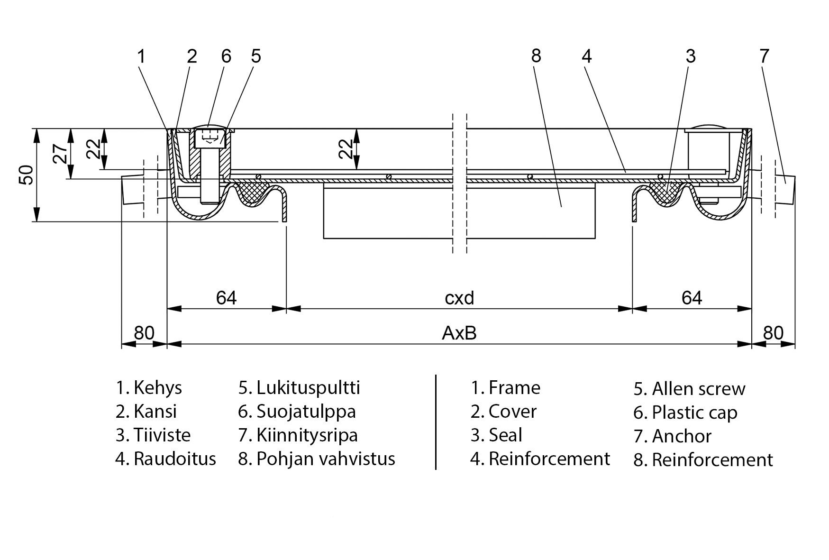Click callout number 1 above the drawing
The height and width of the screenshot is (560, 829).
coord(141,56)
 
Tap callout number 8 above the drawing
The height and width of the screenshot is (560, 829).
coord(536,56)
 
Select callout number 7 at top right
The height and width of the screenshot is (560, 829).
coord(764,56)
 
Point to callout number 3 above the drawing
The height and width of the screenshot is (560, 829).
coord(691,56)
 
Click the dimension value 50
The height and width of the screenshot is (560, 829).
coord(27,174)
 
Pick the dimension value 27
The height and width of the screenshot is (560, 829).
coord(60,154)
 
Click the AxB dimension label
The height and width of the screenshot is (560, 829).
coord(459,333)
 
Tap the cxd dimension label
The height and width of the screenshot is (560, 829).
coord(459,298)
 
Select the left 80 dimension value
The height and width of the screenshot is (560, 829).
coord(144,333)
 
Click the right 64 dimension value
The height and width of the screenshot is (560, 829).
coord(692,298)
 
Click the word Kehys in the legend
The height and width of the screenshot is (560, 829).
coord(157,388)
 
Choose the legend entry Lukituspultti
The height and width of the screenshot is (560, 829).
coord(308,388)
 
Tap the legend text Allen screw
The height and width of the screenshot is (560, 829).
coord(698,389)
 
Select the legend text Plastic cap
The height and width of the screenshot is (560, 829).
coord(694,413)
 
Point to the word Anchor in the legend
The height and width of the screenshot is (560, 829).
coord(682,436)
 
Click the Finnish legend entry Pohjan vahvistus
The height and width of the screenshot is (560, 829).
coord(326,459)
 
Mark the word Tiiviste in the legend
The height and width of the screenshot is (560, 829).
coord(162,435)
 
